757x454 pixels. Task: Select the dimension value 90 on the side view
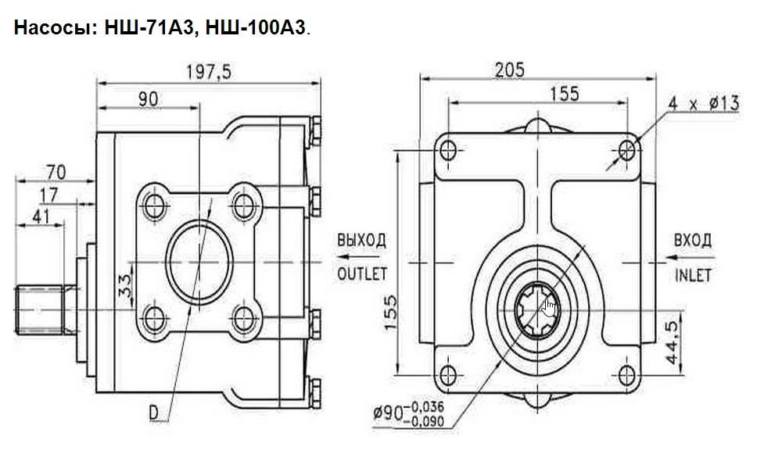[147, 99]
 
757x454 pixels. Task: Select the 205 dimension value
[509, 70]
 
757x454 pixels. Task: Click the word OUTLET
[362, 273]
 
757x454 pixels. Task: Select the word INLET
[693, 274]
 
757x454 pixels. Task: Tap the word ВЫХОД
[361, 240]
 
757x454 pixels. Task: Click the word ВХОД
[693, 240]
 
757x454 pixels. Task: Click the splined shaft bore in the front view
[540, 307]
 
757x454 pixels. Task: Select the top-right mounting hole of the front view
[628, 148]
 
